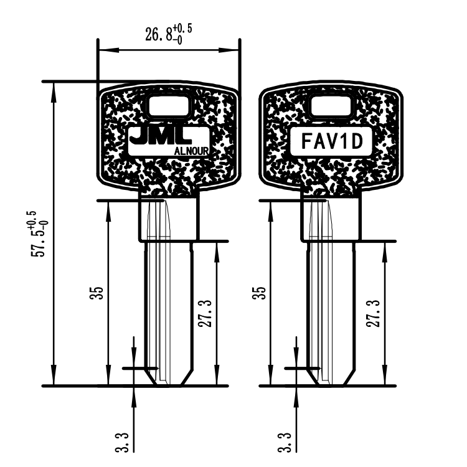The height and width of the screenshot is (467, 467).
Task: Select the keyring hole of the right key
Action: click(x=330, y=106)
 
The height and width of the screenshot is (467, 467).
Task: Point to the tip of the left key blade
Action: click(x=167, y=381)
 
